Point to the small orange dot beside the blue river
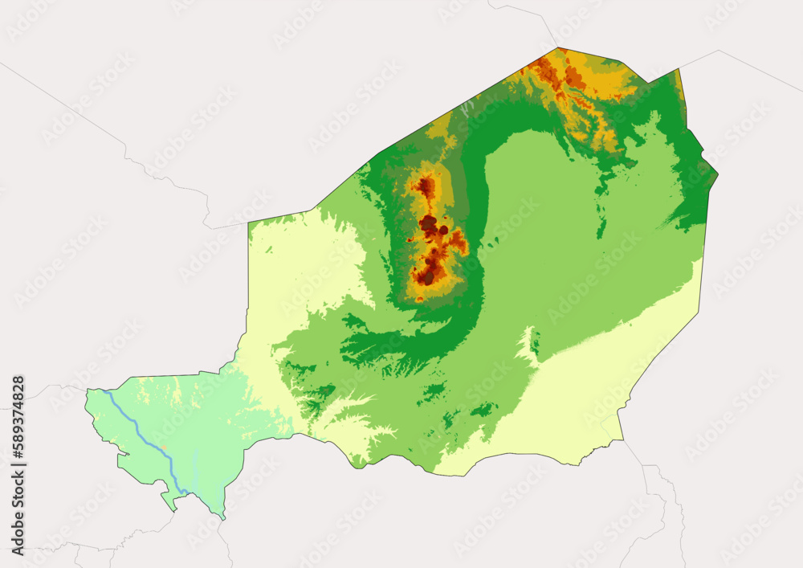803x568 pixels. (x=164, y=447)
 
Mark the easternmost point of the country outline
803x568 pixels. (x=717, y=174)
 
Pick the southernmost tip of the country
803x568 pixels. (x=223, y=518)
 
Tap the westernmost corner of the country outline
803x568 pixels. (x=86, y=391)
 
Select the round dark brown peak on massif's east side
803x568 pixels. (x=443, y=230)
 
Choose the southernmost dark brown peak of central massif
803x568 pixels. (x=428, y=278)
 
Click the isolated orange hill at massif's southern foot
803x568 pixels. (x=419, y=300)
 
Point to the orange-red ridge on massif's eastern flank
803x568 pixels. (x=459, y=240)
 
